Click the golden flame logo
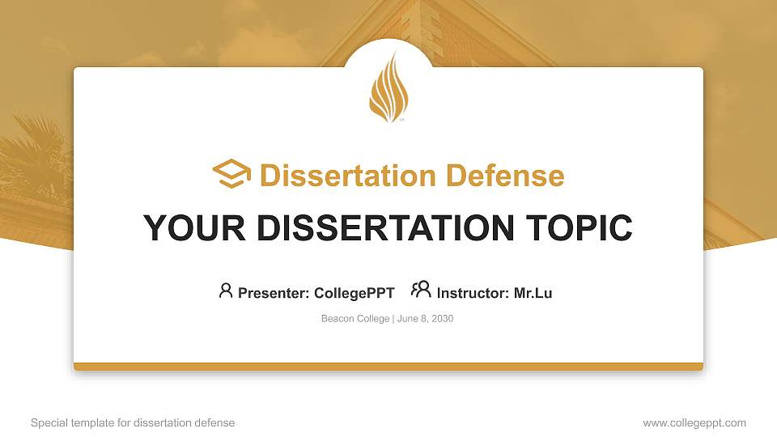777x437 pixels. [388, 88]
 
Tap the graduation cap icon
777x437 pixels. [231, 175]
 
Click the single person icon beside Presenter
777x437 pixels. [226, 291]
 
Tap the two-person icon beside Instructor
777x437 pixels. [421, 291]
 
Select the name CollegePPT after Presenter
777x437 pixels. [354, 293]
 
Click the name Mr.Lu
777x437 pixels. [533, 293]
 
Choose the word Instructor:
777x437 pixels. [473, 293]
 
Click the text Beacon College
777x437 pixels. [355, 319]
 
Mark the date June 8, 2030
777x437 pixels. [426, 319]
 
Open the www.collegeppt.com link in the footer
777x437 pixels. [694, 423]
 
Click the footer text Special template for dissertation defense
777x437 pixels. [133, 423]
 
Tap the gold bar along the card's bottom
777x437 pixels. [388, 367]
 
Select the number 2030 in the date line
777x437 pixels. [442, 319]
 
